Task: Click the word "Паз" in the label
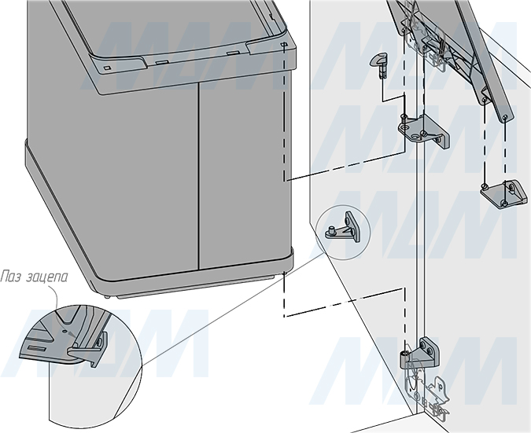[x=10, y=277]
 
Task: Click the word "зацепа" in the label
[x=46, y=277]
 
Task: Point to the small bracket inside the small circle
[x=345, y=228]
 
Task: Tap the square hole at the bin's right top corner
[x=284, y=44]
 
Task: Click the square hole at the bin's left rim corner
[x=107, y=68]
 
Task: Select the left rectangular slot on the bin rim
[x=162, y=62]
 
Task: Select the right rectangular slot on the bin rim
[x=233, y=53]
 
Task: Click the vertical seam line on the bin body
[x=198, y=176]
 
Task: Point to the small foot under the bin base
[x=108, y=298]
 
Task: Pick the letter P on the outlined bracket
[x=441, y=387]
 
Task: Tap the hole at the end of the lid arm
[x=504, y=118]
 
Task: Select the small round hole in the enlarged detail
[x=65, y=332]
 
